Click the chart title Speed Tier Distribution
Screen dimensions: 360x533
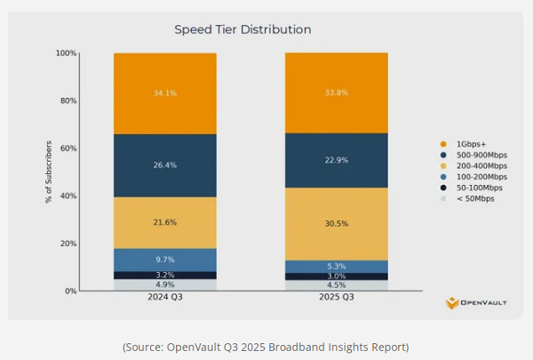[x=242, y=29]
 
